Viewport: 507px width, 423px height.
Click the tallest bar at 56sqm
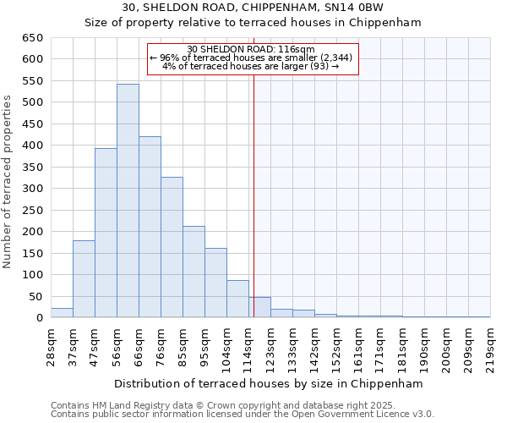click(x=128, y=201)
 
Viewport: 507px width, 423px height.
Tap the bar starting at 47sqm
click(x=106, y=233)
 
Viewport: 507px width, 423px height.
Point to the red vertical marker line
click(x=253, y=211)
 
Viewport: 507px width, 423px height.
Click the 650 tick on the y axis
click(x=32, y=38)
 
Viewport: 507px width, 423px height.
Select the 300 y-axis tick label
click(x=32, y=189)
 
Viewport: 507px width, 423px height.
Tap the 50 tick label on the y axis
click(x=35, y=296)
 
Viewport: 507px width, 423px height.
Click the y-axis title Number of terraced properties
click(x=8, y=182)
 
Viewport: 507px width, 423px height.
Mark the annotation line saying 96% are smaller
click(x=252, y=58)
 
